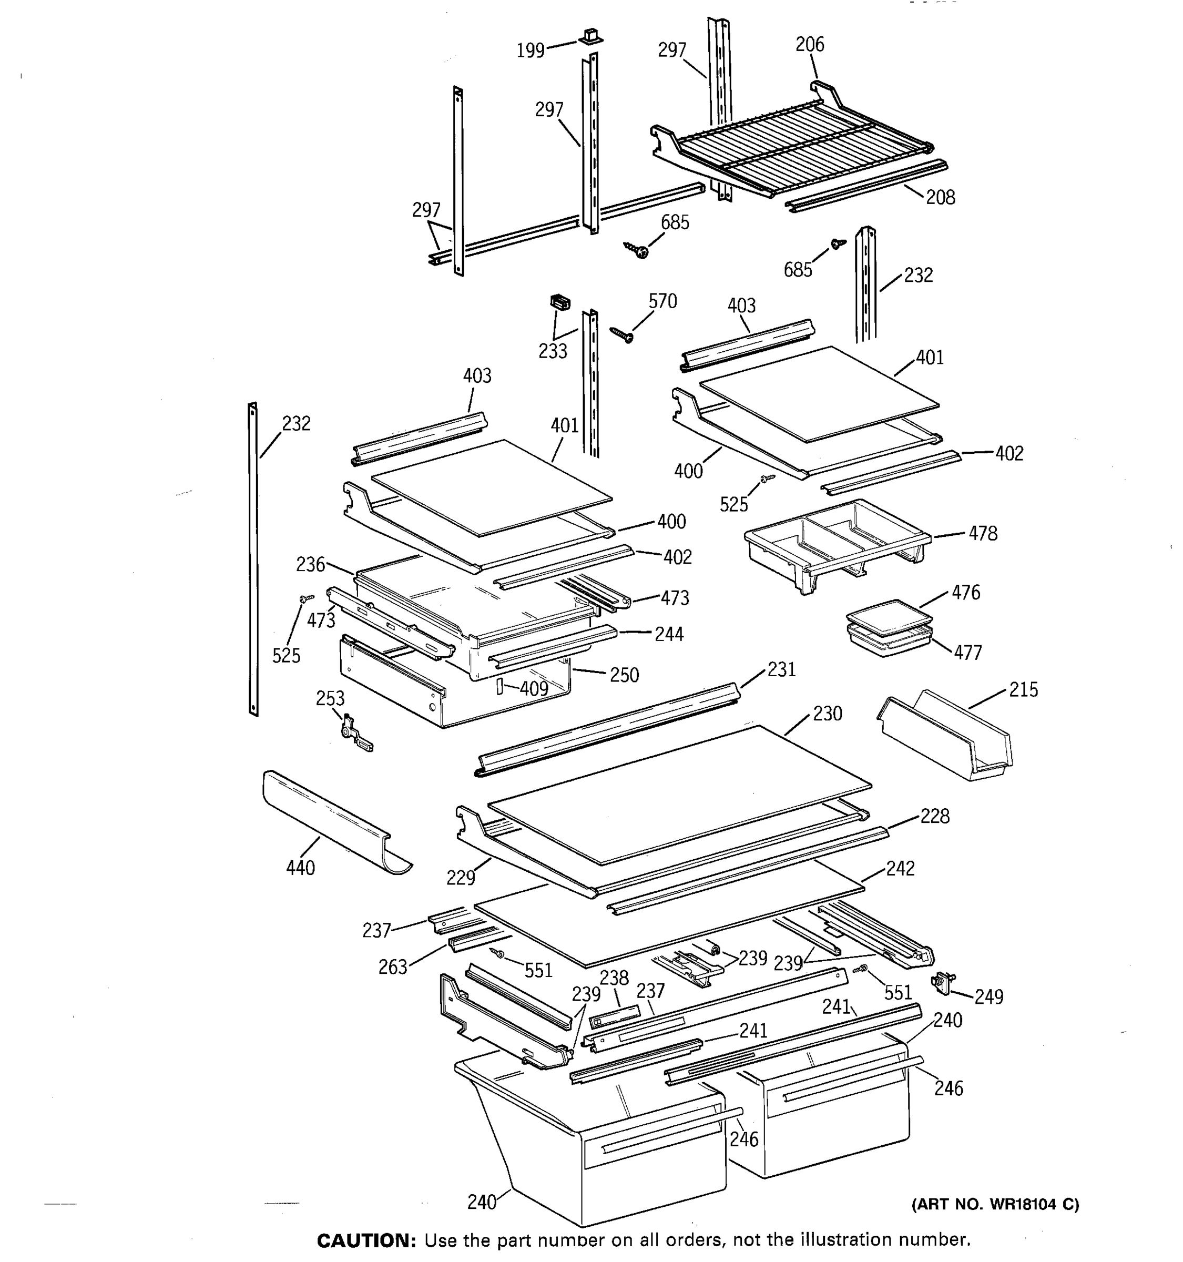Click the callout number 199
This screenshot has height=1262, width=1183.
pyautogui.click(x=531, y=50)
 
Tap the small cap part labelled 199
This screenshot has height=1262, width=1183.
pyautogui.click(x=589, y=36)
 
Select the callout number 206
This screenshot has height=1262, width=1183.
pyautogui.click(x=810, y=45)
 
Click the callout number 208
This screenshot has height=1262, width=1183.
pyautogui.click(x=940, y=197)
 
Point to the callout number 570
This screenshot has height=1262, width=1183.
pyautogui.click(x=662, y=301)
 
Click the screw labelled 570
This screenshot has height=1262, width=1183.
pyautogui.click(x=621, y=334)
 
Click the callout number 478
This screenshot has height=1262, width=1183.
pyautogui.click(x=983, y=533)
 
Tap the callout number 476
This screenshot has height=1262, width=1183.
pyautogui.click(x=966, y=592)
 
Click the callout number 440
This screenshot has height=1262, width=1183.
pyautogui.click(x=300, y=868)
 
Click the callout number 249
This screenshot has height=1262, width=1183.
pyautogui.click(x=989, y=998)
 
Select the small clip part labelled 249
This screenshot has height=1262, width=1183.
pyautogui.click(x=944, y=983)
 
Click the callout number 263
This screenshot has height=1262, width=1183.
pyautogui.click(x=392, y=967)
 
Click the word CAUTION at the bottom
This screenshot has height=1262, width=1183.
pyautogui.click(x=365, y=1240)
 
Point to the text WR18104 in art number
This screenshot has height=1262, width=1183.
pyautogui.click(x=1021, y=1204)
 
